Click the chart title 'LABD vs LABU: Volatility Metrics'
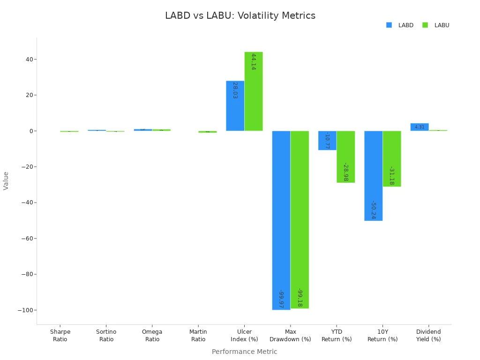tap(240, 16)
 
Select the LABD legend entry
tap(400, 25)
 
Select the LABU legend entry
tap(436, 25)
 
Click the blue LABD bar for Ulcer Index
tap(235, 106)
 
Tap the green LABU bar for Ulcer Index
tap(253, 91)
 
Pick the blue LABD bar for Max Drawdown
tap(281, 220)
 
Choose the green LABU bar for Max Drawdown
tap(300, 219)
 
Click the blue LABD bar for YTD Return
tap(327, 140)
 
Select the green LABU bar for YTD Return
tap(345, 157)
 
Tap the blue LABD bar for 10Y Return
tap(373, 176)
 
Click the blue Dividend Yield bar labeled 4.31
tap(419, 127)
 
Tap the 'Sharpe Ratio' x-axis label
tap(60, 336)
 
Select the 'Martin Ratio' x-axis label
tap(198, 336)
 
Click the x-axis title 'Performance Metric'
tap(244, 352)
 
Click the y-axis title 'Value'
tap(6, 180)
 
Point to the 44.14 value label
tap(253, 62)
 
